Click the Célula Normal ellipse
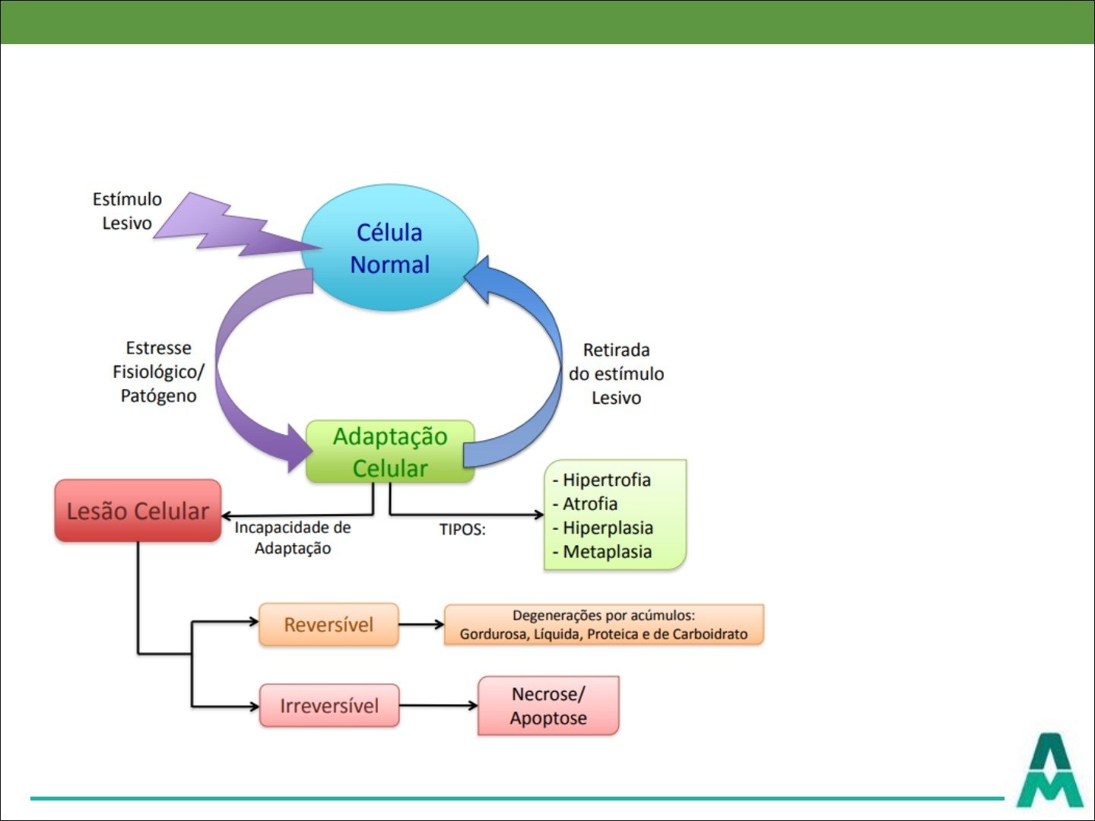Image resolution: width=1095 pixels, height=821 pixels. click(390, 248)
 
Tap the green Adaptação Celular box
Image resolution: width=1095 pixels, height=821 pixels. click(390, 452)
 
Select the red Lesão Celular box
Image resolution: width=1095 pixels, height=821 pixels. click(138, 511)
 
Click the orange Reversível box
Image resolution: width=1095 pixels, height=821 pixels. click(328, 625)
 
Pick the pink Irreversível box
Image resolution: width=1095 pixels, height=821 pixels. click(329, 705)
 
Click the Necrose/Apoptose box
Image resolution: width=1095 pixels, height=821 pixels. click(548, 706)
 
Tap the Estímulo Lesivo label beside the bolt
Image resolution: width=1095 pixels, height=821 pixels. click(127, 211)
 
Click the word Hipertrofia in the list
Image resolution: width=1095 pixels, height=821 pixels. click(606, 480)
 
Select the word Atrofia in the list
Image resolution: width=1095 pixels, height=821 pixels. click(589, 504)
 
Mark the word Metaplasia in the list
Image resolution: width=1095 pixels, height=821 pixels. click(607, 552)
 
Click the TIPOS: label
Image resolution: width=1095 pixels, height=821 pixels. click(462, 530)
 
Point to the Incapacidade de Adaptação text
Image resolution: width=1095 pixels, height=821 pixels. click(293, 537)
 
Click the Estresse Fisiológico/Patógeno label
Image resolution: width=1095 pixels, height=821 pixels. click(158, 372)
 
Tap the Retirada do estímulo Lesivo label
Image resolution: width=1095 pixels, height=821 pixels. click(616, 373)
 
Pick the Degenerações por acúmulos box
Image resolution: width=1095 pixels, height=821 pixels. click(604, 625)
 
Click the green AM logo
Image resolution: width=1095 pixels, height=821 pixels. click(1050, 771)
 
